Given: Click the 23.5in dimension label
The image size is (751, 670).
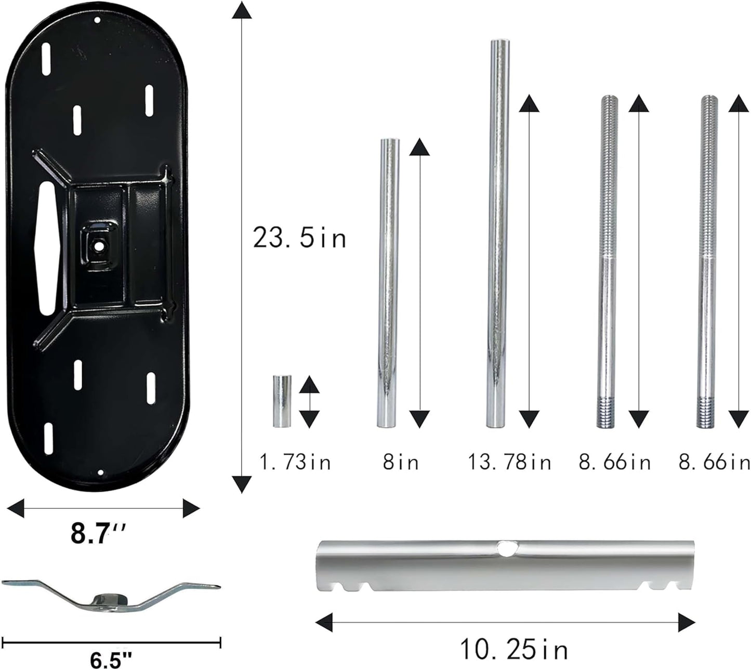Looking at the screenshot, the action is click(x=299, y=238).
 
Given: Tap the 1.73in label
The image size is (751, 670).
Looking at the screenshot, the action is click(x=295, y=463).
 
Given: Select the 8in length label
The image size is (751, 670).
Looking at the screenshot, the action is click(x=401, y=463).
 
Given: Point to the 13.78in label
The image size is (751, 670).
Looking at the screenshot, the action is click(x=510, y=463).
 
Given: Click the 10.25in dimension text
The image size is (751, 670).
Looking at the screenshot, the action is click(x=514, y=649).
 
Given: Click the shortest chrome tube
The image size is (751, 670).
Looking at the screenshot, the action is click(x=282, y=401).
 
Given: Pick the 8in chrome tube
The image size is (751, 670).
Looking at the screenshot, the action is click(x=388, y=283).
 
